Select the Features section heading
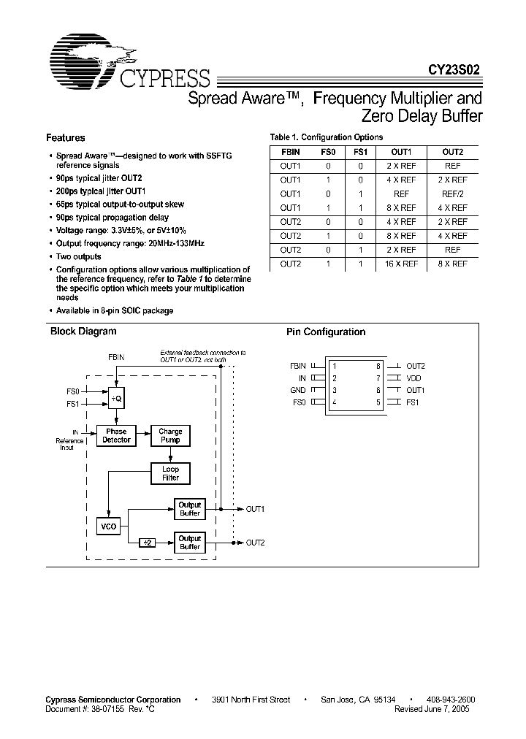65,137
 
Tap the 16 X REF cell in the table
401,264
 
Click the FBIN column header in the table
290,152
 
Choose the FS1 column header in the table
360,152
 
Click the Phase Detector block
116,436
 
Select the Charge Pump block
170,436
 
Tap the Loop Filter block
170,473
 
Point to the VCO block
109,526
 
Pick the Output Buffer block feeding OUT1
190,509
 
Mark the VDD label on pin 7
413,378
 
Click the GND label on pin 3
298,390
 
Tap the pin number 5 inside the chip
378,402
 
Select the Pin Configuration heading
325,332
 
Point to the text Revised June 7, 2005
432,709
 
